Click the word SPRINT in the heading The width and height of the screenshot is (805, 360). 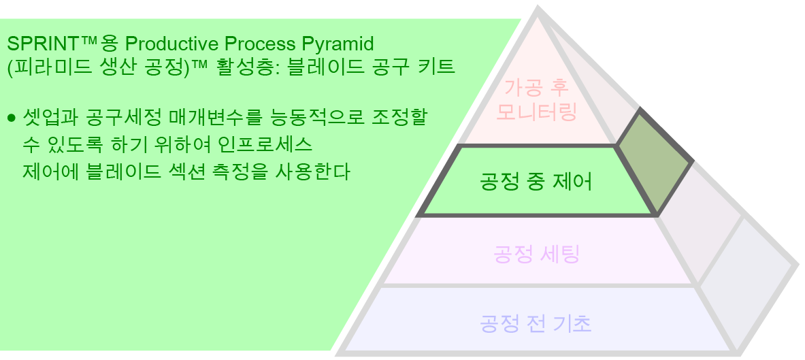43,45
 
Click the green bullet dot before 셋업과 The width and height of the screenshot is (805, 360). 11,118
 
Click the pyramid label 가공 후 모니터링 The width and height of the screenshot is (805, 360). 536,99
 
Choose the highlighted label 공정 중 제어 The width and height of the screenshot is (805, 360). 536,182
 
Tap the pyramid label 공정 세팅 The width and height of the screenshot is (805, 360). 536,255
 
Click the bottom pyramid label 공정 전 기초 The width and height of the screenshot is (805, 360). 536,323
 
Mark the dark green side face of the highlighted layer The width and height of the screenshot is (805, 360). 653,161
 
